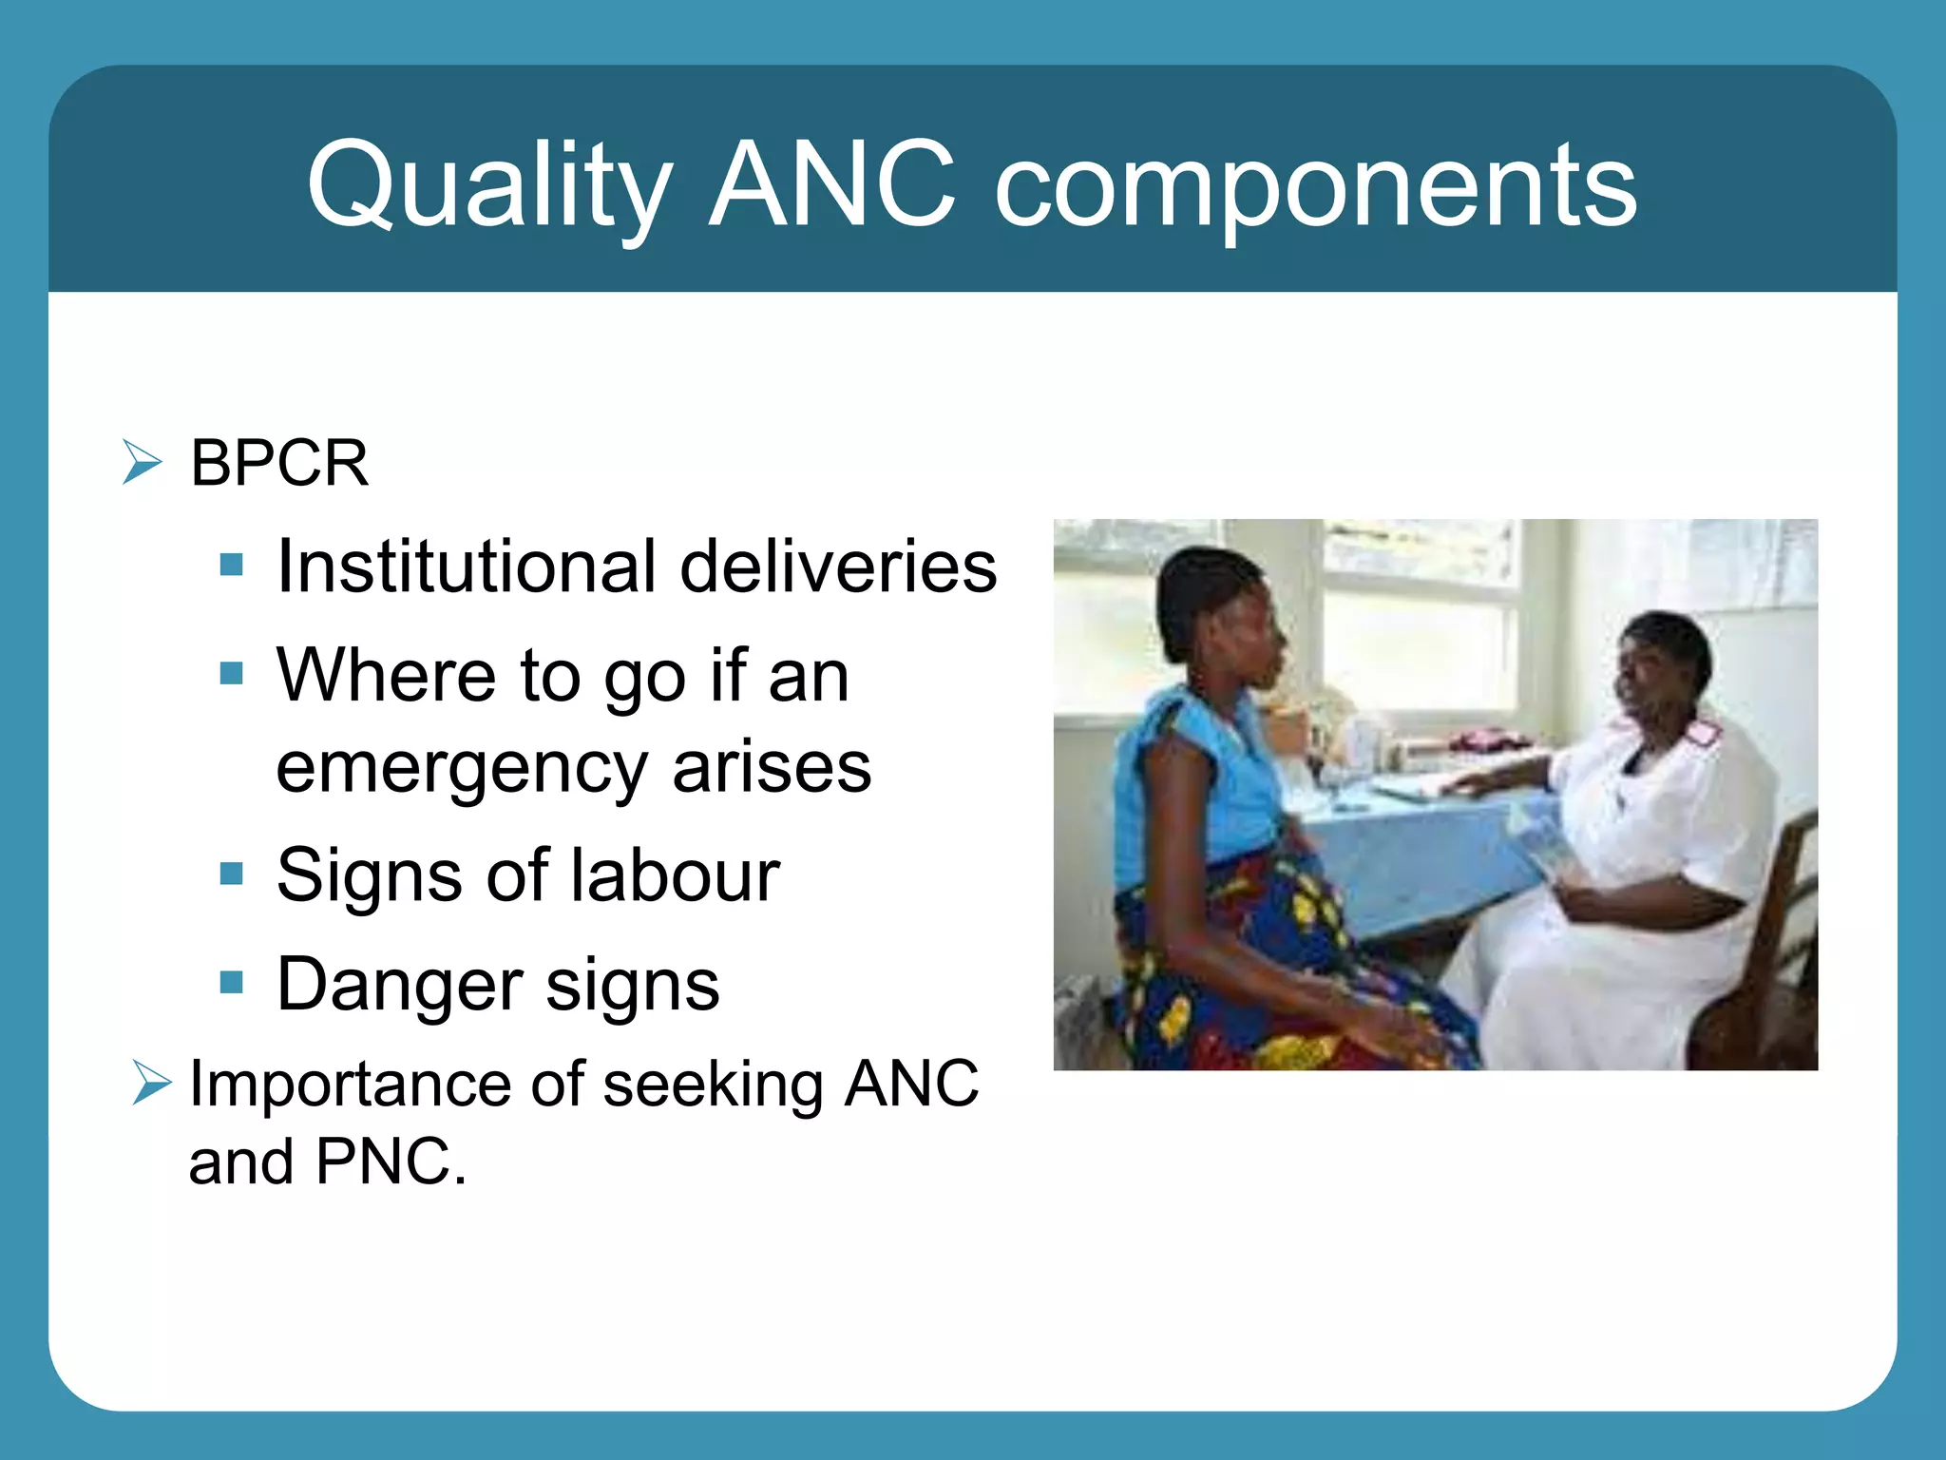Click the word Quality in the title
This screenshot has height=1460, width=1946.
[489, 185]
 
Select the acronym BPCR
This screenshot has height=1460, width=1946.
[278, 463]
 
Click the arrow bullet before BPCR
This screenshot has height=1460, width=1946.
[143, 463]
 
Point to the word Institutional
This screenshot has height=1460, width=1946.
[467, 567]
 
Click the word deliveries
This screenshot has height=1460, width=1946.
[838, 567]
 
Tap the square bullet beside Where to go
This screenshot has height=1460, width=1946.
[231, 673]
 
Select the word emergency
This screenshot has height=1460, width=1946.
[461, 768]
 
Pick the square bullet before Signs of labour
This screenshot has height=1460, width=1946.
[231, 874]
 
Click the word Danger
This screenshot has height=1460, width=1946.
[399, 985]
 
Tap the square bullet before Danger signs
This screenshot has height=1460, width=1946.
[231, 982]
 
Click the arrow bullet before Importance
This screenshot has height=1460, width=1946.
[151, 1083]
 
